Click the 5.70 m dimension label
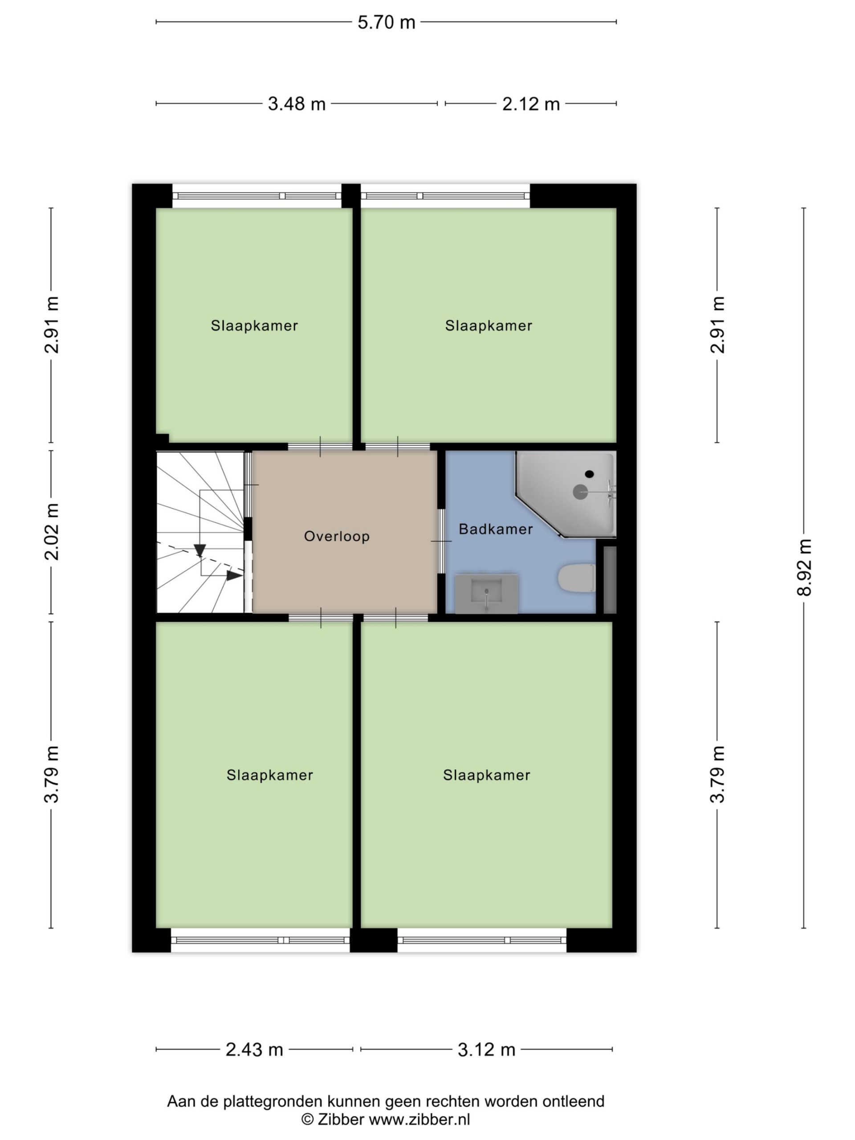[x=386, y=22]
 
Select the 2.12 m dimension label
[x=531, y=104]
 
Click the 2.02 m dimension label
[x=52, y=531]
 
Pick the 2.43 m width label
[x=254, y=1050]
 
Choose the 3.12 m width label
[x=487, y=1050]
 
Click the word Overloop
[x=337, y=537]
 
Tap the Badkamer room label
[x=495, y=529]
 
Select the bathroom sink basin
[x=486, y=594]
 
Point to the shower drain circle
[x=580, y=492]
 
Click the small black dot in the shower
[x=589, y=474]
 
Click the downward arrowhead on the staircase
[x=200, y=551]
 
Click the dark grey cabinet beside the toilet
[x=610, y=580]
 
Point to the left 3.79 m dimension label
[x=52, y=774]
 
